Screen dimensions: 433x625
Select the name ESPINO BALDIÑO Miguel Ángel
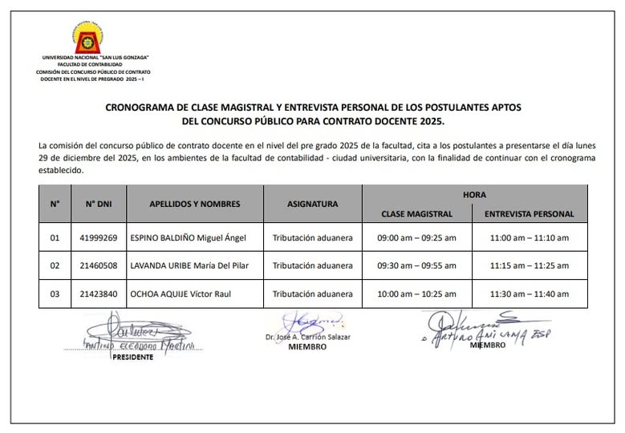coord(188,238)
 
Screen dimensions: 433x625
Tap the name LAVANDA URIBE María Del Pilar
coord(193,265)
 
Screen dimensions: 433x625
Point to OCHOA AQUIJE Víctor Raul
coord(181,293)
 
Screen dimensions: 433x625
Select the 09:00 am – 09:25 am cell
coord(416,238)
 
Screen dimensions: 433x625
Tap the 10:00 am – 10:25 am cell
coord(416,293)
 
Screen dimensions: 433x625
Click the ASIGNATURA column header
coord(312,204)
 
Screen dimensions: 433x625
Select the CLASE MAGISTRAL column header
coord(416,214)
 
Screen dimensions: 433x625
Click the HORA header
coord(474,195)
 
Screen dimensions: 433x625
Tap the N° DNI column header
coord(99,204)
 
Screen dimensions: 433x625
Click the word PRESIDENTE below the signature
coord(132,357)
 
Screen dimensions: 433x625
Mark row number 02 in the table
coord(55,265)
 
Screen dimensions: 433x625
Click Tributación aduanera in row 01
coord(312,238)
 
